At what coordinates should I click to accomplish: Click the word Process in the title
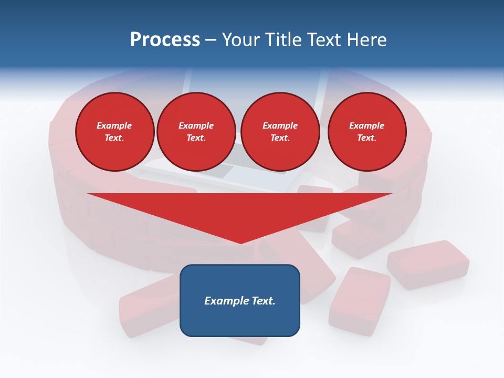pyautogui.click(x=165, y=40)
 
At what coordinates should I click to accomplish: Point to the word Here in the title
pyautogui.click(x=366, y=40)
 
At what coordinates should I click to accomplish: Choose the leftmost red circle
pyautogui.click(x=114, y=132)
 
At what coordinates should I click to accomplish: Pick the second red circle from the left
pyautogui.click(x=196, y=132)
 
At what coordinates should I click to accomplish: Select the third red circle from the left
pyautogui.click(x=280, y=132)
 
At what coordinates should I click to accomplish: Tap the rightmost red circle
pyautogui.click(x=366, y=132)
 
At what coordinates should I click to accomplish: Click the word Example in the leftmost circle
pyautogui.click(x=114, y=125)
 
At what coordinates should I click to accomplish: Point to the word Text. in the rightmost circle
pyautogui.click(x=366, y=138)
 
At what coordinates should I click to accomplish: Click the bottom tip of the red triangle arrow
pyautogui.click(x=240, y=242)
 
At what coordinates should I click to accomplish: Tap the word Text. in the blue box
pyautogui.click(x=263, y=301)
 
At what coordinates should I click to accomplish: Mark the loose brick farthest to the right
pyautogui.click(x=428, y=264)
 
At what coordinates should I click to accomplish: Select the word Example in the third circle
pyautogui.click(x=280, y=125)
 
